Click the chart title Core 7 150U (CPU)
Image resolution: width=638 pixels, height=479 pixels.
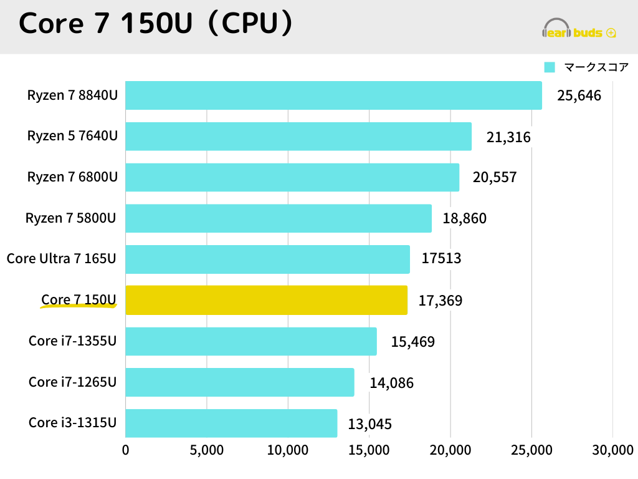click(156, 24)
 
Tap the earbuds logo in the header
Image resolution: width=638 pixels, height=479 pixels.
click(579, 30)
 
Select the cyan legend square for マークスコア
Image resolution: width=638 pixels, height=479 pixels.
click(550, 67)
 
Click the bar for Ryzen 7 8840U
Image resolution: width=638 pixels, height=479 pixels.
click(333, 95)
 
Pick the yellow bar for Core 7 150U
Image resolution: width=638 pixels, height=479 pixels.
click(266, 300)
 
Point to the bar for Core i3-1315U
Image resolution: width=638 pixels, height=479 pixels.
click(231, 423)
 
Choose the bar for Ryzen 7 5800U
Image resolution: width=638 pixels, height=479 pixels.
click(279, 218)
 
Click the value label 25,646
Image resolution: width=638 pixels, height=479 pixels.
click(579, 96)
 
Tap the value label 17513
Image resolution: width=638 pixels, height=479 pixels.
click(441, 258)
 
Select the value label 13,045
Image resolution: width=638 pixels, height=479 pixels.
click(370, 425)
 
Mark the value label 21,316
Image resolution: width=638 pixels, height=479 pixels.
click(508, 137)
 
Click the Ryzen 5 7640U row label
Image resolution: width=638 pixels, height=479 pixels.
click(72, 137)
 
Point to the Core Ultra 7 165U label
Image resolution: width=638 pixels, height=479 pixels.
click(62, 258)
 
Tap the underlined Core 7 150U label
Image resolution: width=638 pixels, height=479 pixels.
click(79, 300)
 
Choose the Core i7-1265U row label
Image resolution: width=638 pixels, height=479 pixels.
click(72, 382)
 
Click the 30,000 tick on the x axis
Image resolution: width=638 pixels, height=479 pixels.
click(612, 450)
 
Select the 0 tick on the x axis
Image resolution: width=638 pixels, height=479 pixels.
click(126, 450)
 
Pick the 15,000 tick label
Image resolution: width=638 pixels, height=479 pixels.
click(369, 450)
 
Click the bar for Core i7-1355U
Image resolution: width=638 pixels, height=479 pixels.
click(251, 341)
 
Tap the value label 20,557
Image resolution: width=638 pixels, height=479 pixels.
click(495, 178)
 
